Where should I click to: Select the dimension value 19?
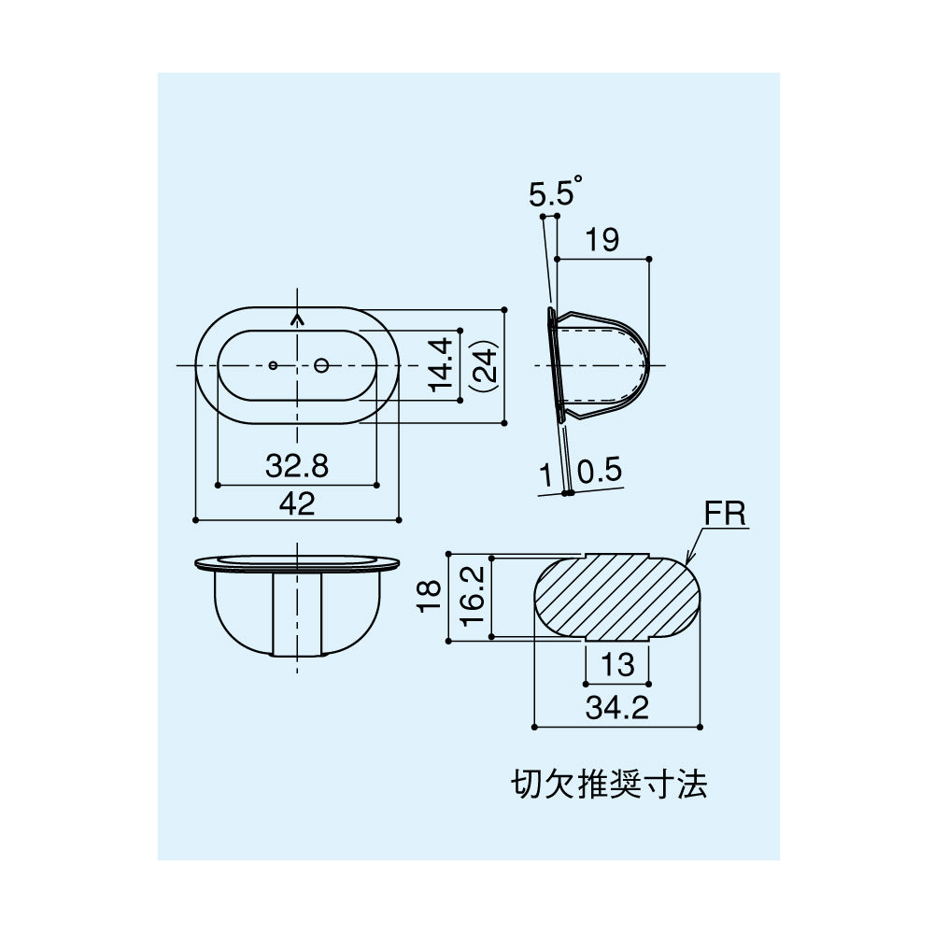click(x=602, y=239)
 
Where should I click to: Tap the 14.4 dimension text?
click(x=442, y=364)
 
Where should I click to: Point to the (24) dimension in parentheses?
click(x=484, y=365)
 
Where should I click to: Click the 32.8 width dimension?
click(x=297, y=466)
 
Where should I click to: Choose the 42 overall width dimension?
click(x=297, y=504)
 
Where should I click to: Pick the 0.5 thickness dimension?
click(x=600, y=471)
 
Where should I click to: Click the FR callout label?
click(x=725, y=514)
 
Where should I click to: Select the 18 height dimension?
click(x=429, y=596)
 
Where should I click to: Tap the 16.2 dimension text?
click(x=473, y=596)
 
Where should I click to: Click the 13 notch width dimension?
click(x=617, y=664)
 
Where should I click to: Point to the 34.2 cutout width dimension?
click(x=616, y=708)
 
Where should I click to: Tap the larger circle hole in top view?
click(x=321, y=365)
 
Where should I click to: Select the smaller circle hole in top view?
click(x=273, y=365)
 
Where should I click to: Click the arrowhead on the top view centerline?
click(x=297, y=319)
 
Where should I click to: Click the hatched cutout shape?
click(x=616, y=597)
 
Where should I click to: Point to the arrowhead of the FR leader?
click(x=687, y=560)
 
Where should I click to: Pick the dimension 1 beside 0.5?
click(x=546, y=475)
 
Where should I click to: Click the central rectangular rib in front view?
click(x=297, y=614)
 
